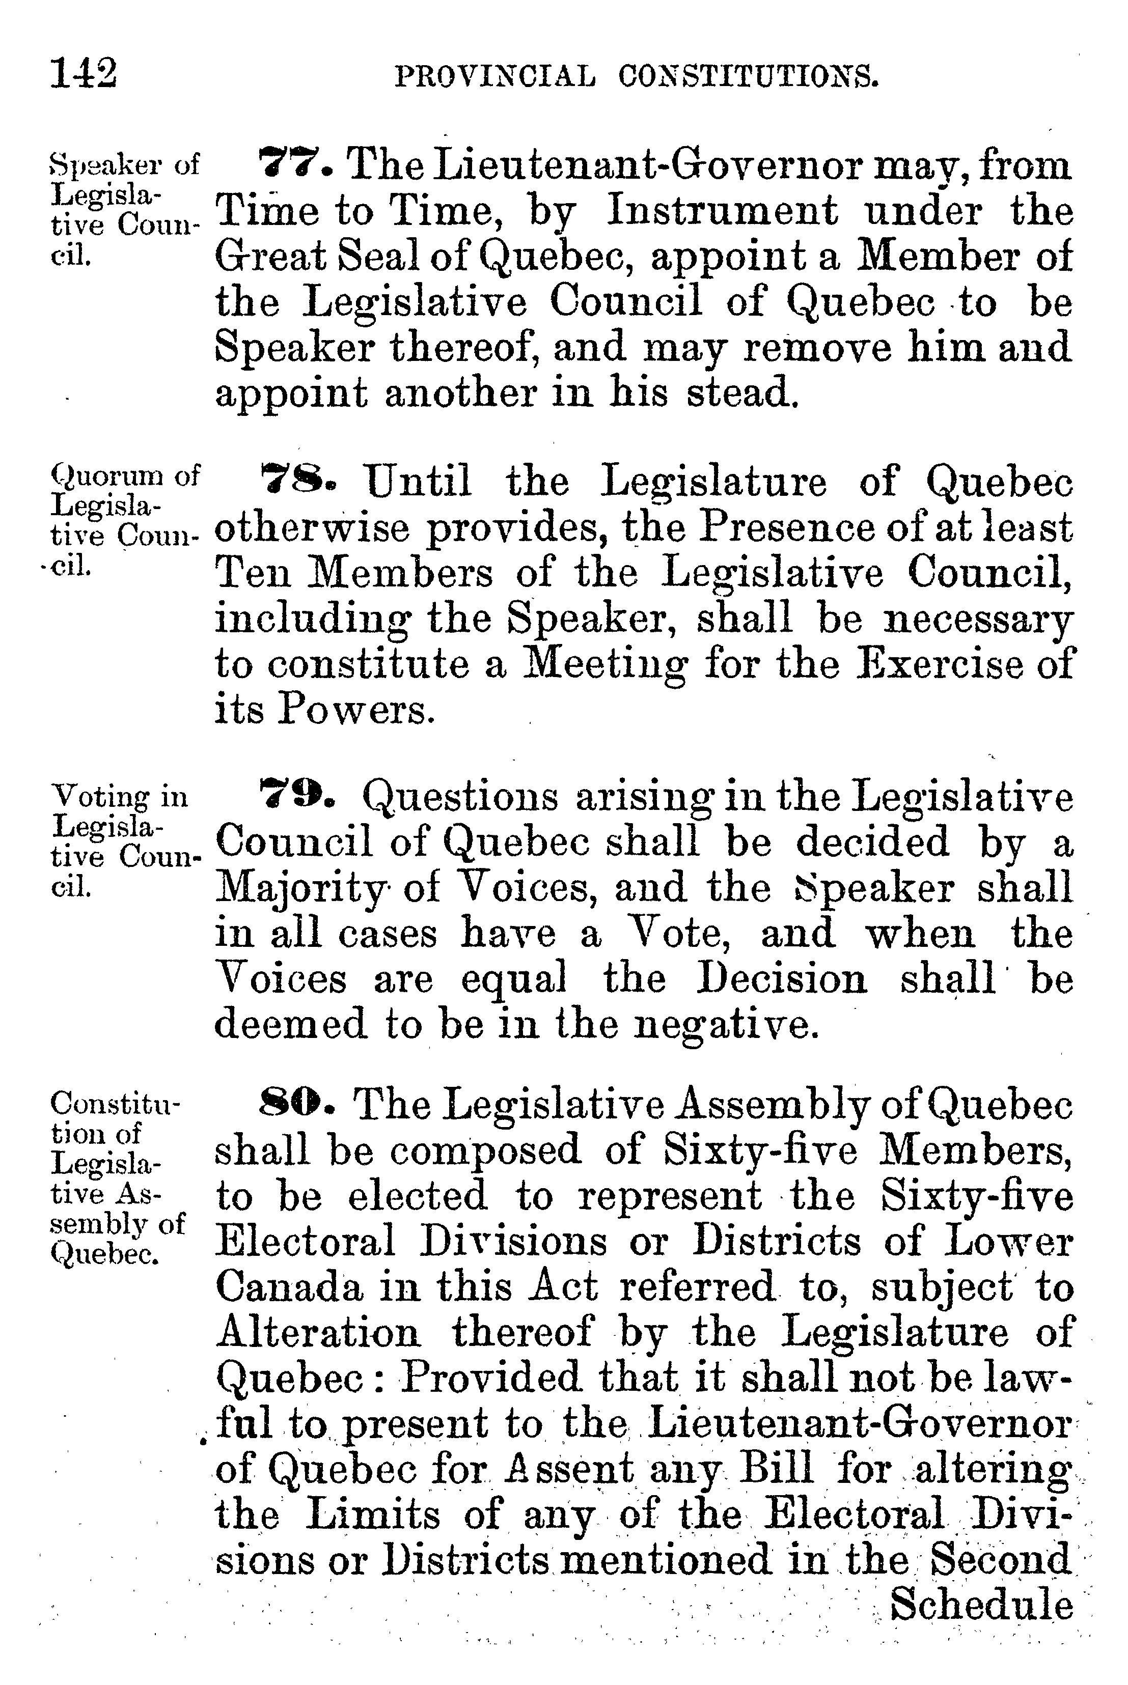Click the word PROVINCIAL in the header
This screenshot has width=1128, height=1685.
tap(495, 77)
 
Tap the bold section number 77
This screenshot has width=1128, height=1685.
tap(295, 165)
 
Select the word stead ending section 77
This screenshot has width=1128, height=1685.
tap(741, 394)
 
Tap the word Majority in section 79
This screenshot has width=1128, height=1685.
tap(300, 890)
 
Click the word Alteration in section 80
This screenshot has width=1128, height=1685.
tap(317, 1333)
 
